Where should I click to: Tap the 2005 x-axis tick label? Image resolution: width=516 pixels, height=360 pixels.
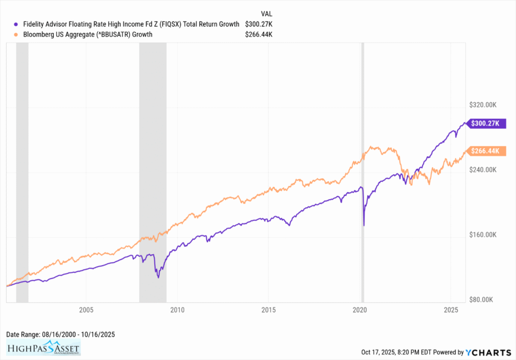tap(86, 309)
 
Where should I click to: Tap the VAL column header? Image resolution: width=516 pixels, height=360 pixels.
tap(267, 14)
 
